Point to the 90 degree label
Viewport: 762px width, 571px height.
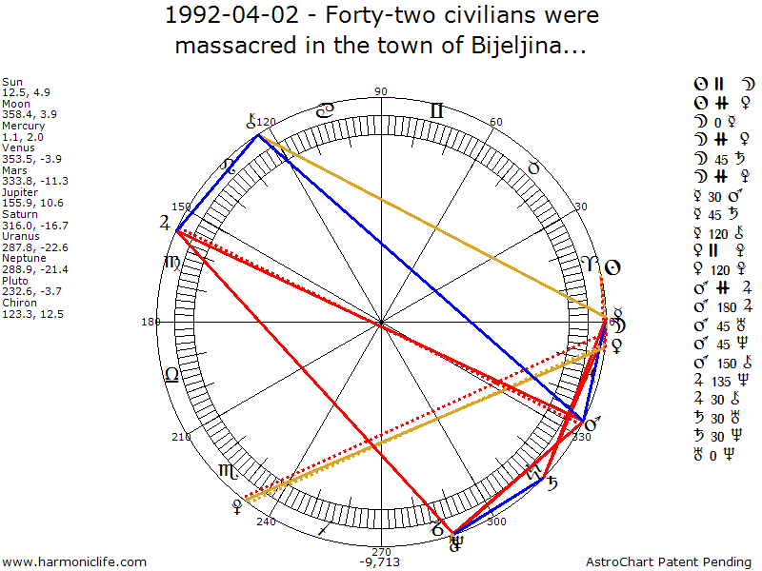(382, 91)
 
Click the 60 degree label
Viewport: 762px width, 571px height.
(495, 123)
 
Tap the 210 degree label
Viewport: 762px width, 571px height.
(181, 437)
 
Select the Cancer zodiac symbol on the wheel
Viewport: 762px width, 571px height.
(325, 110)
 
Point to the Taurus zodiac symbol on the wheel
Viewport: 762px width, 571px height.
(533, 167)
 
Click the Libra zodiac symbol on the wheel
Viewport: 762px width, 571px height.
(172, 374)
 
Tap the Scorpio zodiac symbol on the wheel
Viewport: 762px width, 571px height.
(229, 470)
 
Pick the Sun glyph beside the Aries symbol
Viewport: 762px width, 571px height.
(614, 267)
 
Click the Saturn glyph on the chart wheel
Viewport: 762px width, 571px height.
(551, 483)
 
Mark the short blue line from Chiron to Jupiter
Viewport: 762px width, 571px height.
(217, 181)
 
